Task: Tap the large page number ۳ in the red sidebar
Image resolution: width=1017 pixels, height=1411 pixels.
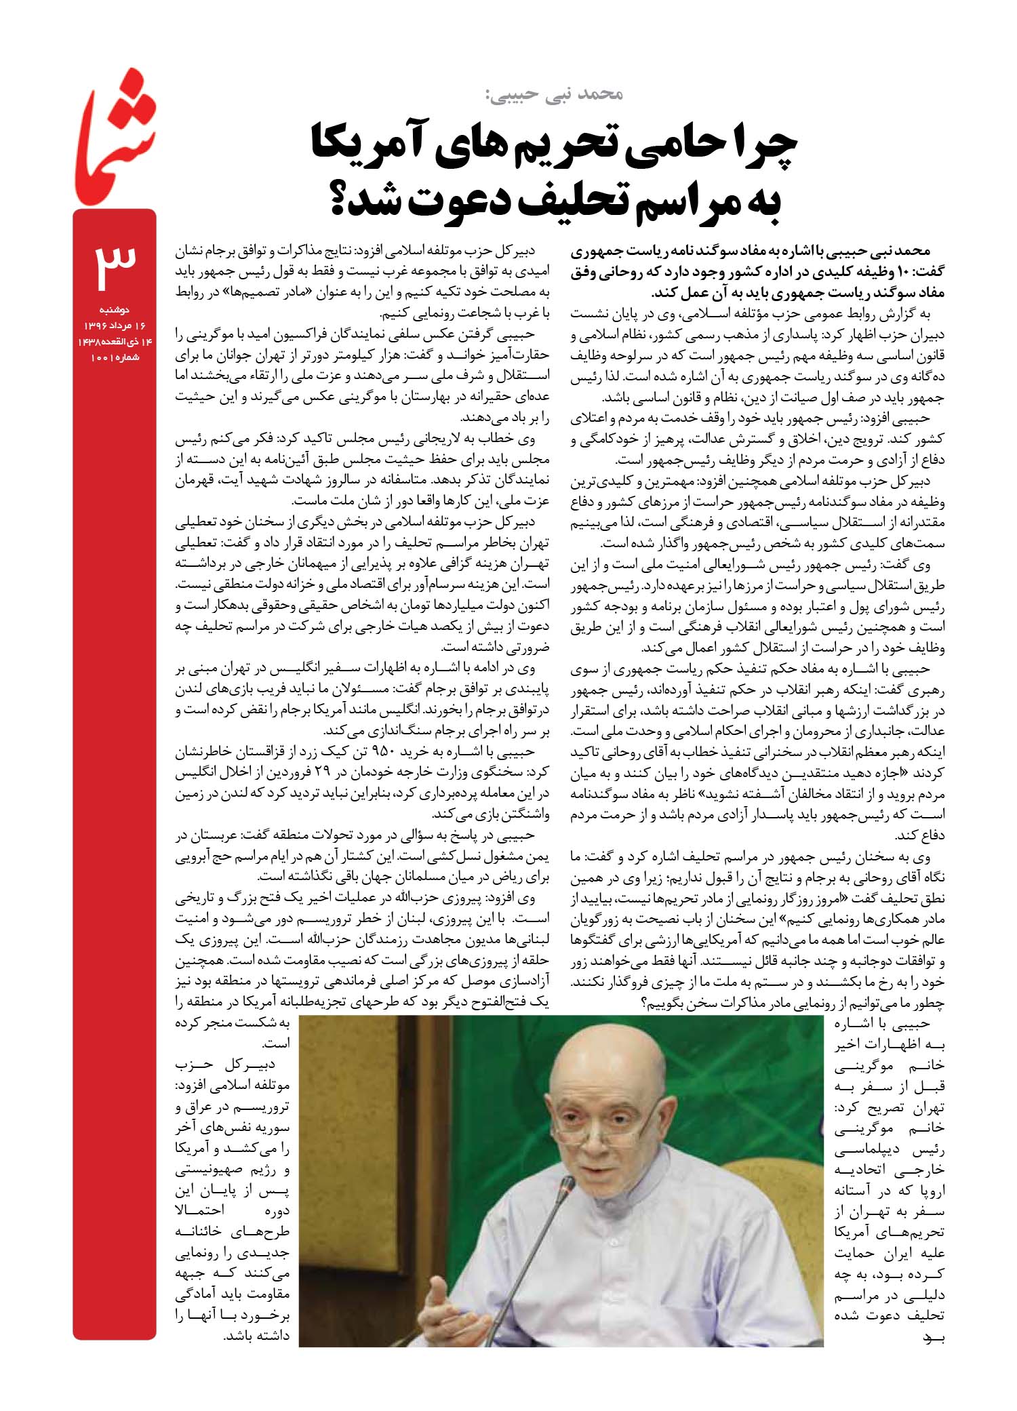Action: (115, 264)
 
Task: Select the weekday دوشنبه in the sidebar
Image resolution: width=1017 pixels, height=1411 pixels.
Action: (115, 310)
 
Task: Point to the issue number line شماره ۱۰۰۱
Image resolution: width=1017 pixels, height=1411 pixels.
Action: (115, 357)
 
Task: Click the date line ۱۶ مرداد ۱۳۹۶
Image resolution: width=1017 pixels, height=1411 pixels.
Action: (115, 326)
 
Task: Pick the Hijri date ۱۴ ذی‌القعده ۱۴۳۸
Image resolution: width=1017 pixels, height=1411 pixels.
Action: (115, 342)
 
